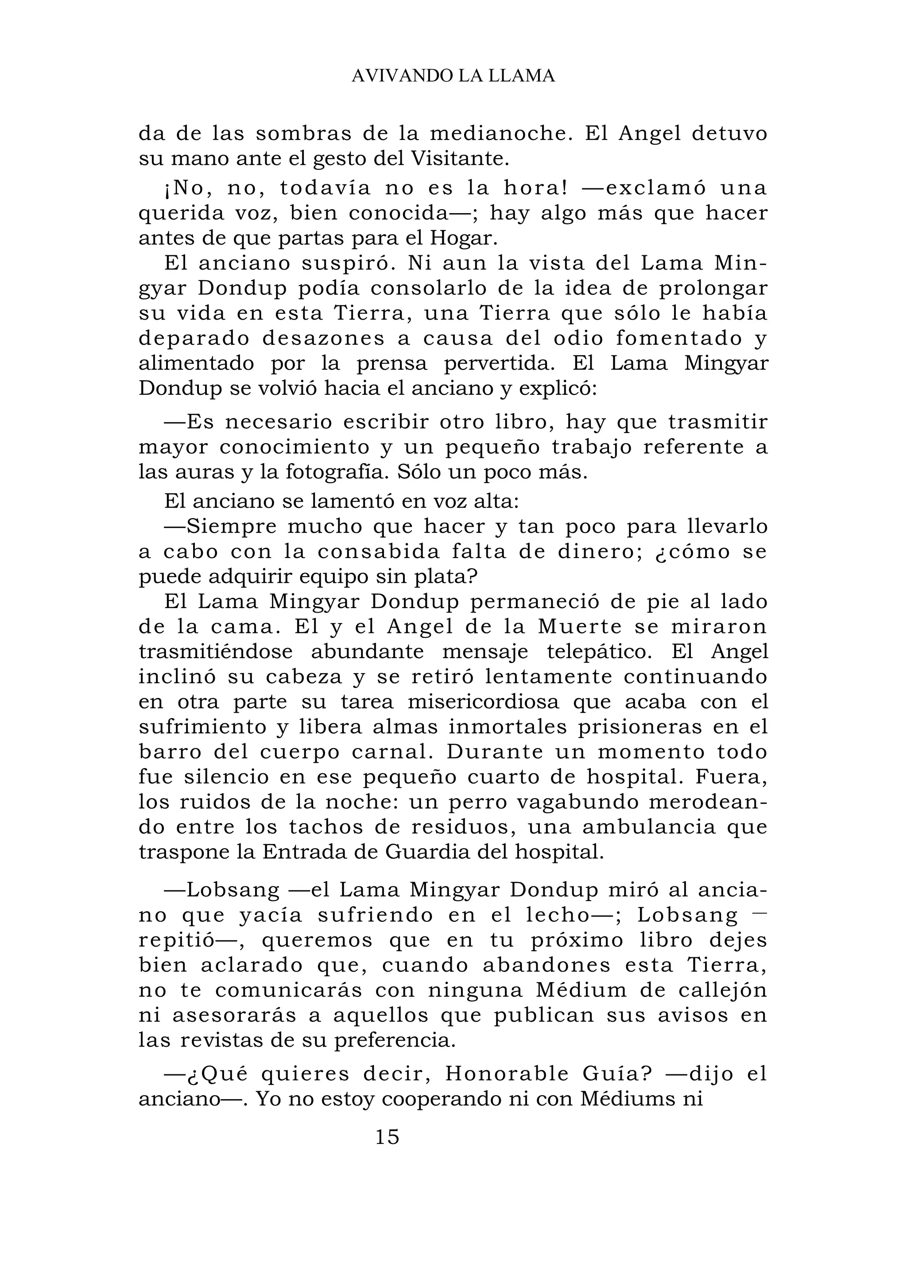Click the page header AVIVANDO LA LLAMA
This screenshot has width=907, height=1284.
453,76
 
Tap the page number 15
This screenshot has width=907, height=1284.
387,1137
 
